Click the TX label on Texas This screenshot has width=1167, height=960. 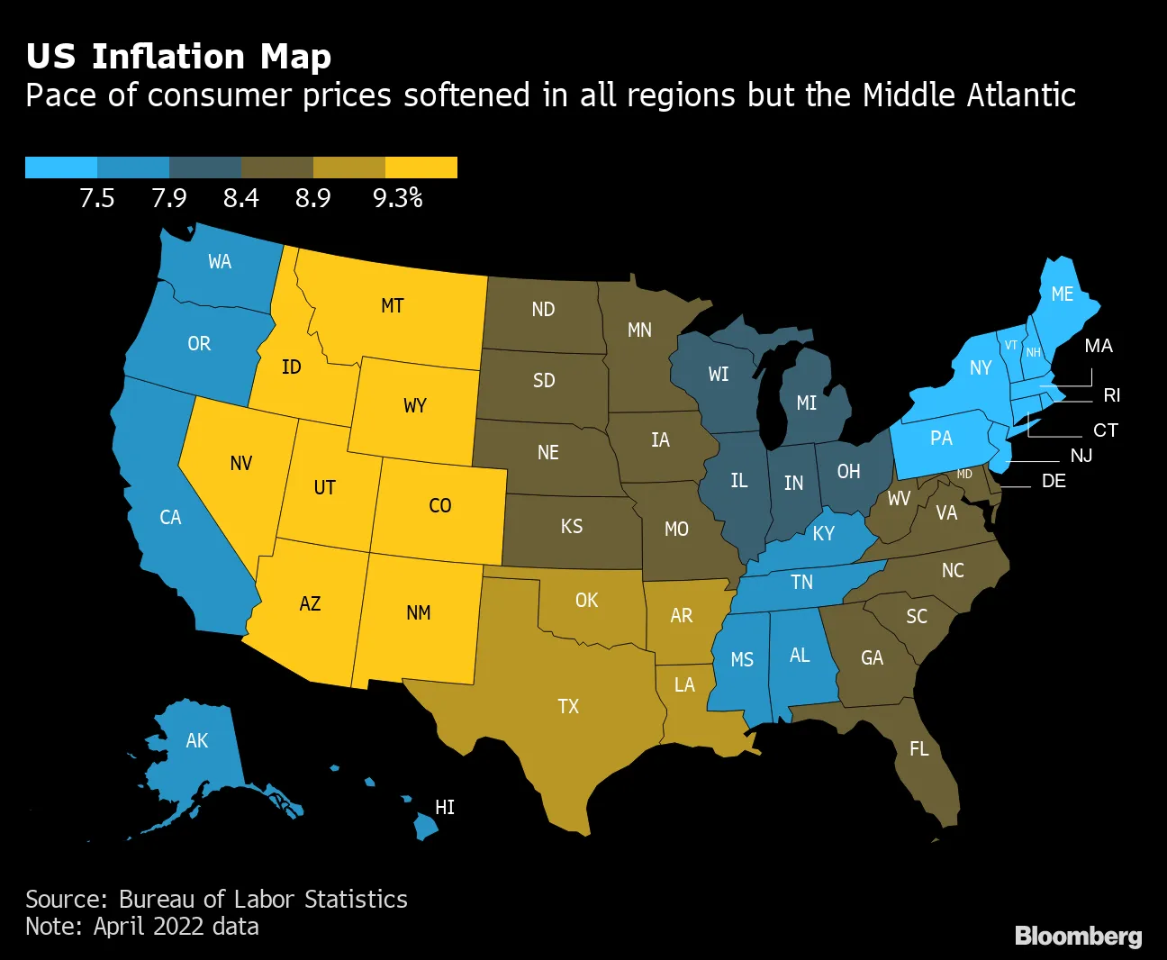[x=568, y=706]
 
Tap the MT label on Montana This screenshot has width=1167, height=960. [x=393, y=306]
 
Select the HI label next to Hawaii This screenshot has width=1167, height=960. [x=445, y=807]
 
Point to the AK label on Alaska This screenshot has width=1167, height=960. [x=197, y=740]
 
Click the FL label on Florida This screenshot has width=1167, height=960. [x=919, y=749]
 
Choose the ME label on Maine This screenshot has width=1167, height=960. [x=1063, y=294]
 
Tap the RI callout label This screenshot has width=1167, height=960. [x=1112, y=395]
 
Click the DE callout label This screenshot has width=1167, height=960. [x=1054, y=481]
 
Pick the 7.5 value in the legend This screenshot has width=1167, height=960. [x=97, y=198]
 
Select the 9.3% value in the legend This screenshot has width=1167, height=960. [x=397, y=198]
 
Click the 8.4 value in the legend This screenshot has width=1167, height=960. [x=241, y=198]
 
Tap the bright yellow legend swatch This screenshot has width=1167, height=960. [x=421, y=168]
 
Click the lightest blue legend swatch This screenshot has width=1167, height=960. [x=61, y=168]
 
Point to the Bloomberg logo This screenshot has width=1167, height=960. [x=1078, y=937]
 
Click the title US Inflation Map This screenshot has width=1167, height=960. [x=178, y=56]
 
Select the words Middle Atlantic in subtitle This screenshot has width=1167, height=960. [x=969, y=95]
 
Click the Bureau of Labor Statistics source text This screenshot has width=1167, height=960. [x=263, y=899]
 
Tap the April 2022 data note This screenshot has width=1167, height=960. [x=176, y=926]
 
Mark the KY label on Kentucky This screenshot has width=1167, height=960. [x=824, y=534]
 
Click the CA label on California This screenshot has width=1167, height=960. [x=170, y=518]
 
